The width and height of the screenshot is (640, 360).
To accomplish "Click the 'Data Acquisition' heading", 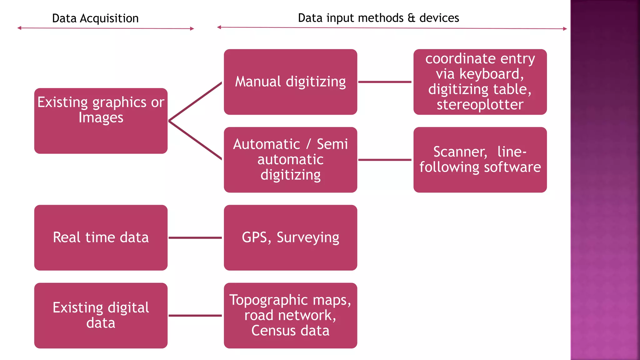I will click(x=95, y=18).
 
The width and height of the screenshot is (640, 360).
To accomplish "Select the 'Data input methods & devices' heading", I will click(x=378, y=18).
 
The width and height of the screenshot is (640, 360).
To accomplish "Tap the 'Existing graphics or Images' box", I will click(x=101, y=121).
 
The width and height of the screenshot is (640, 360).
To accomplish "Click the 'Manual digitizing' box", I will click(x=290, y=82).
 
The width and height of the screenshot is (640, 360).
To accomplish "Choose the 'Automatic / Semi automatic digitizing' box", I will click(x=290, y=160).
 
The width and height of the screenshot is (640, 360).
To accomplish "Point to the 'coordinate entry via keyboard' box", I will click(x=480, y=82).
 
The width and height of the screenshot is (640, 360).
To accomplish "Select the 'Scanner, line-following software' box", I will click(x=480, y=160).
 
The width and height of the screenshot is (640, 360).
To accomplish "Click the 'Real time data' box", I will click(x=101, y=237).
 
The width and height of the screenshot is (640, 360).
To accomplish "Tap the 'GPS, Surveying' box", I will click(x=290, y=237).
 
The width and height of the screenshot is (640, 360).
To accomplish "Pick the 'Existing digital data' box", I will click(x=101, y=315).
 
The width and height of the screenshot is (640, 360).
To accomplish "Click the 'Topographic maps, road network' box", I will click(x=290, y=315).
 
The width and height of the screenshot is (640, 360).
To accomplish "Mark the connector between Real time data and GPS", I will click(x=195, y=238).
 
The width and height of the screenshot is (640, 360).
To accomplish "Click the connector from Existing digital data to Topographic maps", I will click(x=195, y=316).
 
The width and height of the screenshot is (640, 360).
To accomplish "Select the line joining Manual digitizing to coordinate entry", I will click(x=385, y=82).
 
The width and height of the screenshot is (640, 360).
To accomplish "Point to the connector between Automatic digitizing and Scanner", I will click(x=385, y=160).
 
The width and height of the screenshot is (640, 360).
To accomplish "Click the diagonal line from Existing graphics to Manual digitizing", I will click(x=195, y=102).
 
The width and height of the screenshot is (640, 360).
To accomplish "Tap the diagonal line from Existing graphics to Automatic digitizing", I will click(x=195, y=140).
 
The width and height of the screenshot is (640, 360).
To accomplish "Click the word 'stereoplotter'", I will click(x=480, y=105).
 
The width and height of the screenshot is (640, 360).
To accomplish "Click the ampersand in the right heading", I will click(x=412, y=18).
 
